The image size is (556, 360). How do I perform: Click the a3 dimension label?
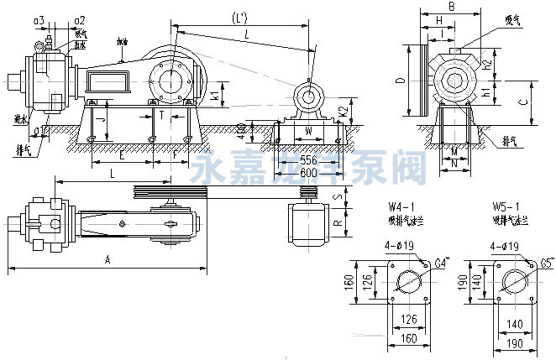(x=39, y=18)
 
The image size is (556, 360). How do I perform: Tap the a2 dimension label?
(x=78, y=18)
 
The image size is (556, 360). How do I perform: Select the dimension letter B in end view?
(x=451, y=7)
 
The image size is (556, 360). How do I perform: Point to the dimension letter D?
(x=401, y=81)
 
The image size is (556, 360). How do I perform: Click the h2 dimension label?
(x=488, y=63)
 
